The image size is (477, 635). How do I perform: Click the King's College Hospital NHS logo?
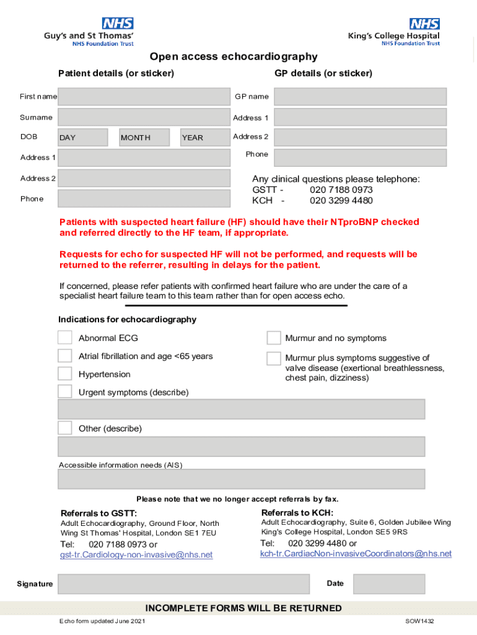coord(394,32)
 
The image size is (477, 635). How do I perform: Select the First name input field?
coord(144,97)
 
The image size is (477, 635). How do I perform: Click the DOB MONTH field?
coord(144,138)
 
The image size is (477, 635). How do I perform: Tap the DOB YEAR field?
coord(205,138)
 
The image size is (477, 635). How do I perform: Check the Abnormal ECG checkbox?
coord(65,338)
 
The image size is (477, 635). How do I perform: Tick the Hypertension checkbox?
coord(65,374)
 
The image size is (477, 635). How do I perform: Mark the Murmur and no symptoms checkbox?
coord(274,338)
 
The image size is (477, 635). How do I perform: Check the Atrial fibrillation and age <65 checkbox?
coord(65,356)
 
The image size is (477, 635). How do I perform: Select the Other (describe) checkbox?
coord(65,428)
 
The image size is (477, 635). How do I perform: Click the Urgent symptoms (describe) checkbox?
coord(65,392)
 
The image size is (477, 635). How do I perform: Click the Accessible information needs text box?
coord(241,479)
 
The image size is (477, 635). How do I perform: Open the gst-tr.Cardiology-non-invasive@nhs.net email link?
coord(136,555)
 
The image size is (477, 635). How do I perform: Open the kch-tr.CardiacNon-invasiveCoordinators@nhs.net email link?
coord(356,554)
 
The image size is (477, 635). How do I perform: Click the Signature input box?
coord(183,584)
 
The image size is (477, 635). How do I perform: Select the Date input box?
coord(389,584)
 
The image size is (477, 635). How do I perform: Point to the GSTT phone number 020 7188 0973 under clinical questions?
coord(341,190)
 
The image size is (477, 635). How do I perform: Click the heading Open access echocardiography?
coord(234,57)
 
